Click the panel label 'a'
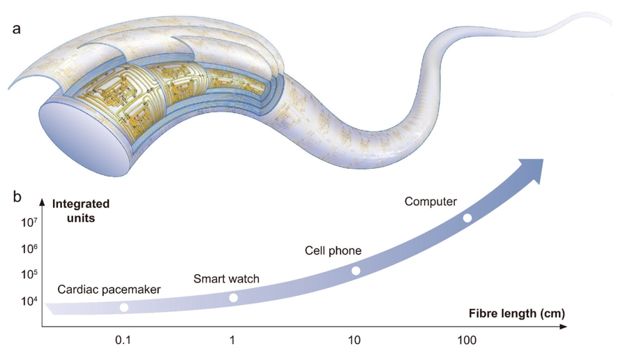pyautogui.click(x=17, y=30)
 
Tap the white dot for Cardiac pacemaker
pyautogui.click(x=124, y=308)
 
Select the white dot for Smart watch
pyautogui.click(x=234, y=298)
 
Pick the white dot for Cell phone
pyautogui.click(x=356, y=271)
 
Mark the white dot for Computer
pyautogui.click(x=468, y=218)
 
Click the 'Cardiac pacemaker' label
pyautogui.click(x=109, y=289)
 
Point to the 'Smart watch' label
pyautogui.click(x=226, y=279)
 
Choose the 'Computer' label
pyautogui.click(x=431, y=202)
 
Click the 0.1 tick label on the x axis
pyautogui.click(x=124, y=340)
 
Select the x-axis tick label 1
pyautogui.click(x=232, y=340)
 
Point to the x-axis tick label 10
pyautogui.click(x=354, y=340)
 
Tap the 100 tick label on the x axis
pyautogui.click(x=467, y=340)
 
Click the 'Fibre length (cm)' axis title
pyautogui.click(x=516, y=313)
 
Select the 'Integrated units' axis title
pyautogui.click(x=81, y=210)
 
